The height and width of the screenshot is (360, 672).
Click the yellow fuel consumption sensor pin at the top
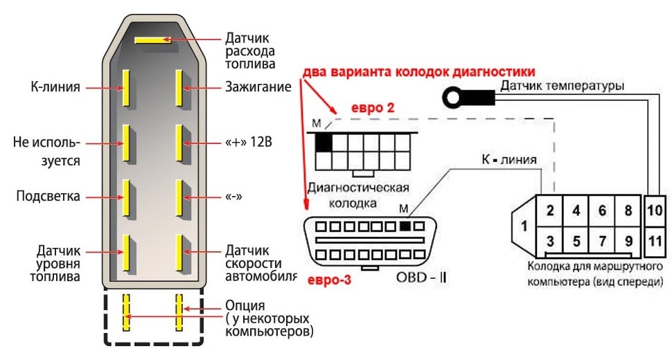coord(153,40)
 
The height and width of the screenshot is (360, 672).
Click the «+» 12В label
coord(249,143)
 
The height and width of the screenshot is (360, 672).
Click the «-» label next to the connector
coord(233,197)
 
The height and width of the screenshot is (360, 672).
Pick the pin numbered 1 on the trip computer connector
coord(524,226)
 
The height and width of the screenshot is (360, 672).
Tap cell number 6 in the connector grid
coord(601,211)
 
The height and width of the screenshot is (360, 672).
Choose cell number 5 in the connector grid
coord(576,242)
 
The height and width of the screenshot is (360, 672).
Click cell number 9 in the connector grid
coord(628,242)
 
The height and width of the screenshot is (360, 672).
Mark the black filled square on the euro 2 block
coord(324,143)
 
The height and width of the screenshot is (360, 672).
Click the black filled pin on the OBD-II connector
coord(405,226)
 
